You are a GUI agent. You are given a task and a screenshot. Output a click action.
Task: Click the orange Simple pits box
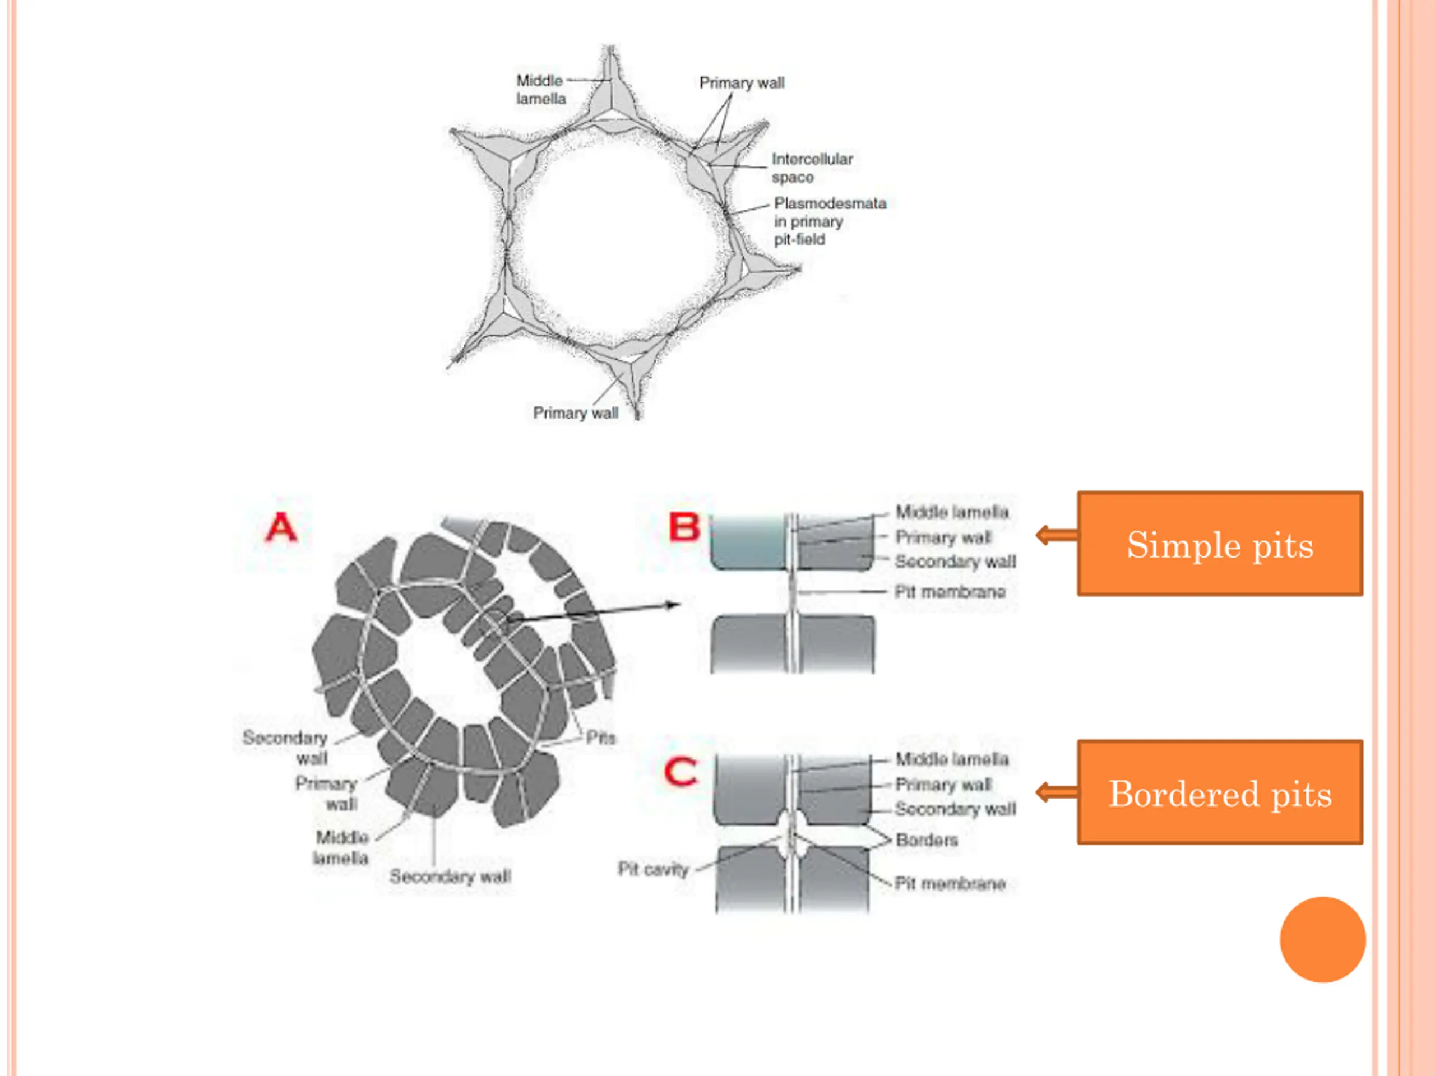(x=1220, y=544)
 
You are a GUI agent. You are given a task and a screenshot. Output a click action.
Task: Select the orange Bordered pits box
(x=1220, y=792)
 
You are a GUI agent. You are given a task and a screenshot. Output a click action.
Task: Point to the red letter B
(x=684, y=527)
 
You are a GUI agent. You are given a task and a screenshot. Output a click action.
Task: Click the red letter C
(x=681, y=772)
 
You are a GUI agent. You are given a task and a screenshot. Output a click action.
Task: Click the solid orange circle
(x=1322, y=939)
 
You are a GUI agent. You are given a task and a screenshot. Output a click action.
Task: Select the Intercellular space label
(x=812, y=168)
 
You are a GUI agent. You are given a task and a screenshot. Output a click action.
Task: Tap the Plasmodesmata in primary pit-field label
(x=829, y=221)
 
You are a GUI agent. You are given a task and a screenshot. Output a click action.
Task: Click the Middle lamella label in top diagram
(x=540, y=90)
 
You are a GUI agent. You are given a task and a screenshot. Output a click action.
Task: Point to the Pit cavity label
(x=652, y=869)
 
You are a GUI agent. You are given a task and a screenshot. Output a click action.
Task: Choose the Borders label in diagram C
(x=927, y=841)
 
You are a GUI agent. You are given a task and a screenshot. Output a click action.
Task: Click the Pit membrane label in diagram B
(x=950, y=591)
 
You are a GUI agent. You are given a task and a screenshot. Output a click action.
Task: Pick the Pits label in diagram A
(x=600, y=738)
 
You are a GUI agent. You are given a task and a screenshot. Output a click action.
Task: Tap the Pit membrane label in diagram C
(x=950, y=883)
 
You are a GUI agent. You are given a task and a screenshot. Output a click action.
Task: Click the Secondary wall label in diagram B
(x=955, y=562)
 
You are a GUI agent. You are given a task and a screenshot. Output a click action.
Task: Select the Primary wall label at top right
(x=742, y=83)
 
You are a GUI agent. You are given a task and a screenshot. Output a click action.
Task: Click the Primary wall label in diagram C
(x=943, y=785)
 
